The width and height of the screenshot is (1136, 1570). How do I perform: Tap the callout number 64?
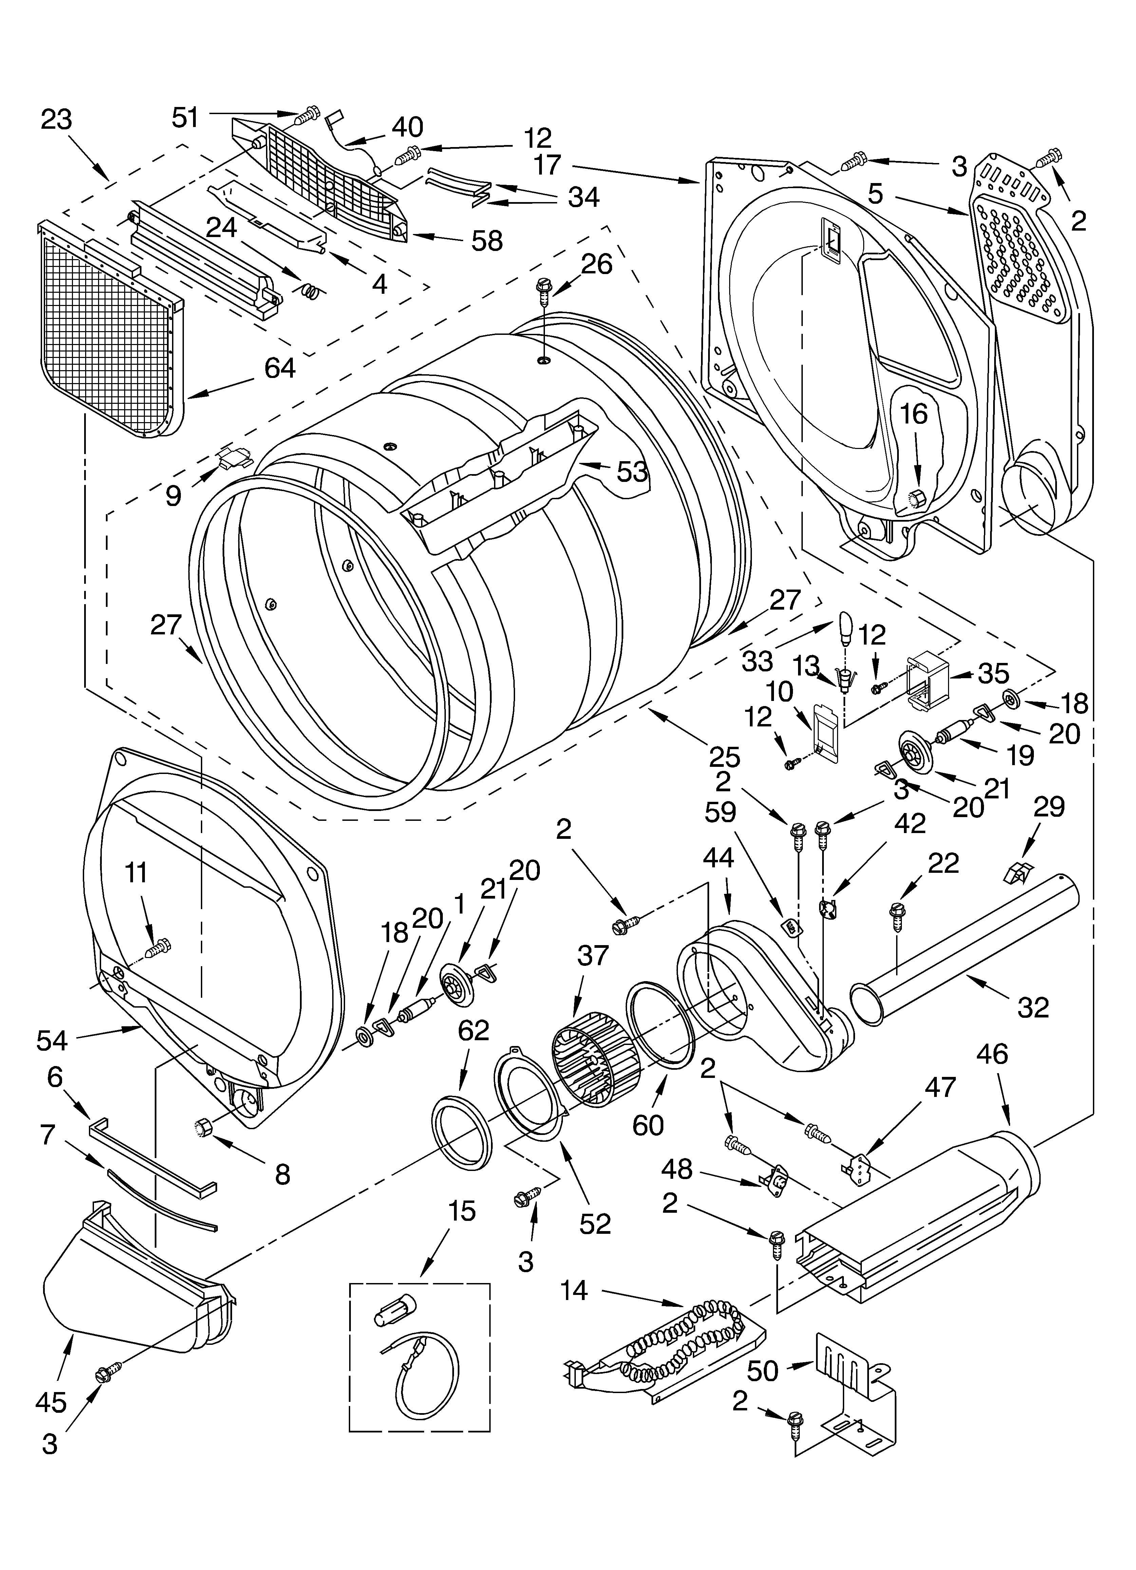tap(280, 368)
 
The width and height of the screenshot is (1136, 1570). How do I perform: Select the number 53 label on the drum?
tap(632, 472)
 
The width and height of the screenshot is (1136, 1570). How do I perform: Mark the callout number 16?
tap(913, 415)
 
